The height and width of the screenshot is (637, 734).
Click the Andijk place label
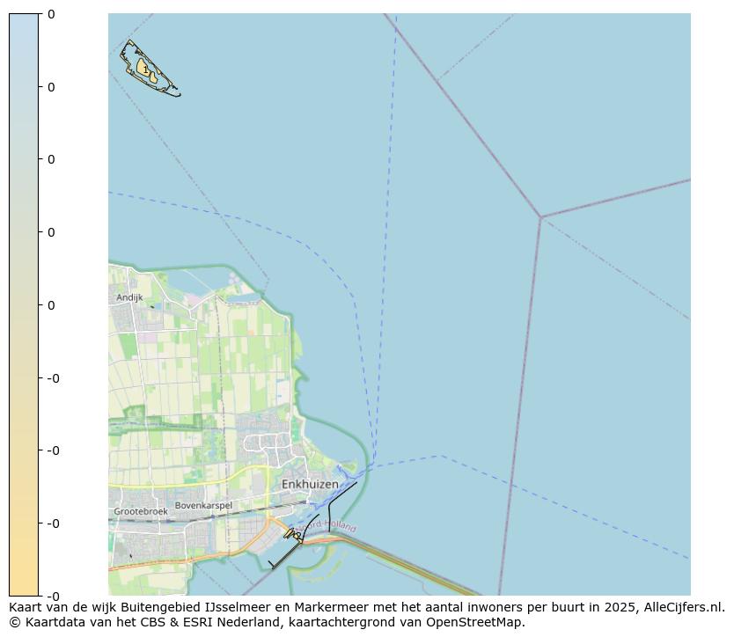point(129,297)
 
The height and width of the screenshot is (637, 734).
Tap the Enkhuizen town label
point(310,485)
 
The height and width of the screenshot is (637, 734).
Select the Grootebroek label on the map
point(141,511)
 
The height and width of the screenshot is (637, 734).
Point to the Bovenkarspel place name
point(203,506)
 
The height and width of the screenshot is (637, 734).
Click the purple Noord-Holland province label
point(331,526)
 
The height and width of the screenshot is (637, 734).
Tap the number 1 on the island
point(145,70)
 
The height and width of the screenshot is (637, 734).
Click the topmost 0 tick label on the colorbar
point(51,14)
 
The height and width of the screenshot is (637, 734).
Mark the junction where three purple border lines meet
point(540,216)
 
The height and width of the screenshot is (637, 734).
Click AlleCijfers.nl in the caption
point(684,607)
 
